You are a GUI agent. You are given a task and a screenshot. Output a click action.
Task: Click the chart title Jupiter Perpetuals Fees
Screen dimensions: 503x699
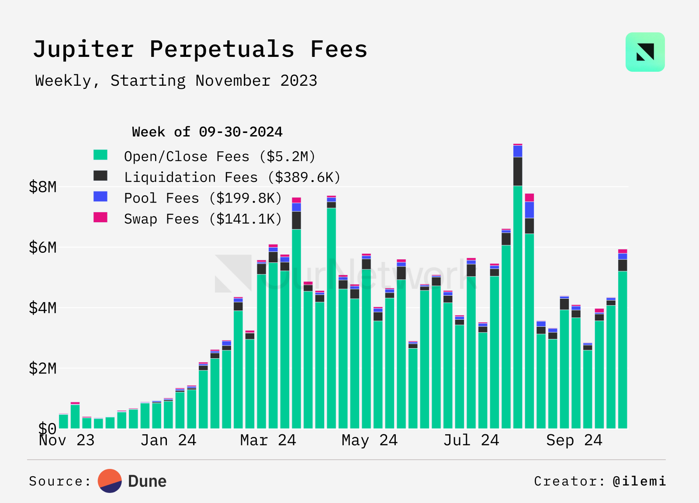[200, 49]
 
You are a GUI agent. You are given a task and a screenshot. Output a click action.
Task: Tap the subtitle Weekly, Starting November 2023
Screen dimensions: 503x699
[176, 81]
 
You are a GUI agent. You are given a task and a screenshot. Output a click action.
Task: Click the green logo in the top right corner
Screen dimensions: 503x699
[645, 52]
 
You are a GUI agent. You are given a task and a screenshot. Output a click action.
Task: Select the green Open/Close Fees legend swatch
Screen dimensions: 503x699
[100, 155]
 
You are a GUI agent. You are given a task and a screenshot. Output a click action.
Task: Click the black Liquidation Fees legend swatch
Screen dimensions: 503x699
[100, 176]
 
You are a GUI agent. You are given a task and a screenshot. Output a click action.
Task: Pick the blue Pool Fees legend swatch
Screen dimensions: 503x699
[100, 196]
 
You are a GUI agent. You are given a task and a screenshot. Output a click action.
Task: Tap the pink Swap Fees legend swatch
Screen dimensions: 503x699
[100, 217]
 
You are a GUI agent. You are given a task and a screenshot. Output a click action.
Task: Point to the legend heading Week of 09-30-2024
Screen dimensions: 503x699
[207, 132]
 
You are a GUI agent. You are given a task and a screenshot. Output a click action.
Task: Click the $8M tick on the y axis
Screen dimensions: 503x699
[43, 187]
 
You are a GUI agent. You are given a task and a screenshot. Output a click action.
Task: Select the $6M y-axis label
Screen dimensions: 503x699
[43, 248]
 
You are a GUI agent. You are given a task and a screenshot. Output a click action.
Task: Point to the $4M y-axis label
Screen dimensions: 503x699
[43, 308]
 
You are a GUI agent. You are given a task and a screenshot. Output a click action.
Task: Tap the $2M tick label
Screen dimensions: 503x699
[43, 369]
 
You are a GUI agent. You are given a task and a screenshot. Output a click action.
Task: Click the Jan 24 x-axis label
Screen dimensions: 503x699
[168, 440]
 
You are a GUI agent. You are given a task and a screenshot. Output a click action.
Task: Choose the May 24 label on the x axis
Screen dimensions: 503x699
[370, 440]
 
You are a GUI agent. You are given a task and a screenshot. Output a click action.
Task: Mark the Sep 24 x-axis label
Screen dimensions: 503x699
[574, 440]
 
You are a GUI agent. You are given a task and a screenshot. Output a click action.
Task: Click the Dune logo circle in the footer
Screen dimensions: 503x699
[110, 481]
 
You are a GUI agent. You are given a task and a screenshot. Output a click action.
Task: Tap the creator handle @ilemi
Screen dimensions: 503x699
[639, 481]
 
